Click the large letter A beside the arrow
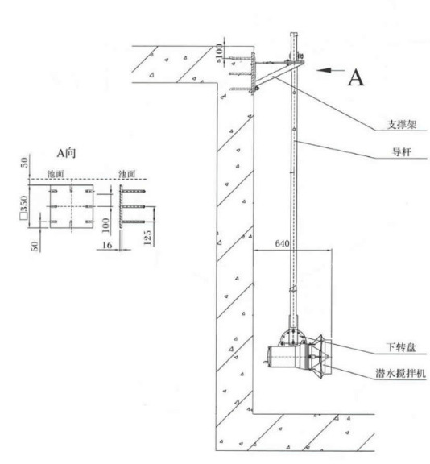point(355,78)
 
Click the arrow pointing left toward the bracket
point(330,70)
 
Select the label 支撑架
point(402,124)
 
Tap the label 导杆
point(402,152)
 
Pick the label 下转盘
point(401,347)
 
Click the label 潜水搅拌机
point(400,373)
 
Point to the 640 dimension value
point(282,243)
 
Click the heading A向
point(66,153)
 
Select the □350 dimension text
point(24,208)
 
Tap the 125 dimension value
point(147,238)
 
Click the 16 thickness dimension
point(107,245)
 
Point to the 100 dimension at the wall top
point(219,52)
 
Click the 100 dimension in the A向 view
point(105,226)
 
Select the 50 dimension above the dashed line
point(24,162)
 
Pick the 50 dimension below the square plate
point(35,246)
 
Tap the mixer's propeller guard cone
point(320,357)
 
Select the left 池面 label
point(56,174)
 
